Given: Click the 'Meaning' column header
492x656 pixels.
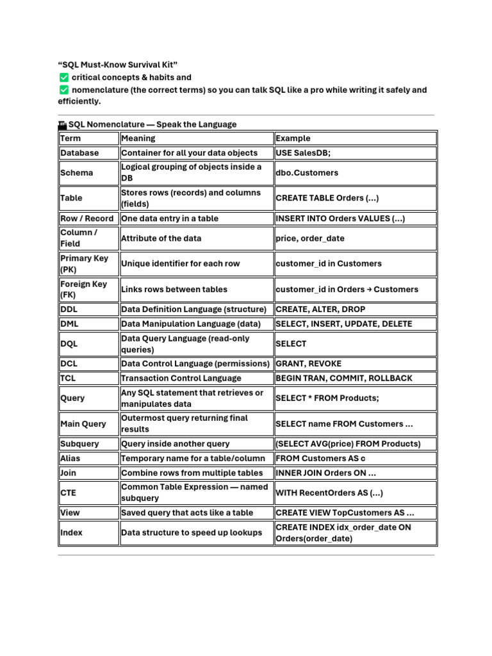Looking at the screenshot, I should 138,138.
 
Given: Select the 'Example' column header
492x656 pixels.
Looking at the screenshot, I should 293,138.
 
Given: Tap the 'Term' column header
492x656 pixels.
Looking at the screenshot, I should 70,138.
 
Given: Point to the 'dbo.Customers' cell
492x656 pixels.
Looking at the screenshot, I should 307,173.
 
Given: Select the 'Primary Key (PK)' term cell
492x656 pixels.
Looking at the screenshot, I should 85,264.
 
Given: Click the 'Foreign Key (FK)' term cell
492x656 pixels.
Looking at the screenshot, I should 84,290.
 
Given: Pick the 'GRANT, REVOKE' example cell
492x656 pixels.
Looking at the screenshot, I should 309,364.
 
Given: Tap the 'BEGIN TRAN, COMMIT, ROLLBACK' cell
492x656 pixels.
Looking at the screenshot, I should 344,379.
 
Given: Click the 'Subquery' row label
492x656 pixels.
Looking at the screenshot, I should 79,444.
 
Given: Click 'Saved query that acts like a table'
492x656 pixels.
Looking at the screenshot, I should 187,513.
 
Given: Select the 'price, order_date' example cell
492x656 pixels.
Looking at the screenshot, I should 310,238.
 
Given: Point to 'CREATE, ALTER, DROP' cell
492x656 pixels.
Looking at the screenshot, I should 320,309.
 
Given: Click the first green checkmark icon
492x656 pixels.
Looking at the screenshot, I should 63,78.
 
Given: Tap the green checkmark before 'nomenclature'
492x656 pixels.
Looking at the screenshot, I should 63,90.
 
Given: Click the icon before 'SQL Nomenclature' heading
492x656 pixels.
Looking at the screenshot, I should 62,125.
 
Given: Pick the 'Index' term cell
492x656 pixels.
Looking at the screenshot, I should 72,533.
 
